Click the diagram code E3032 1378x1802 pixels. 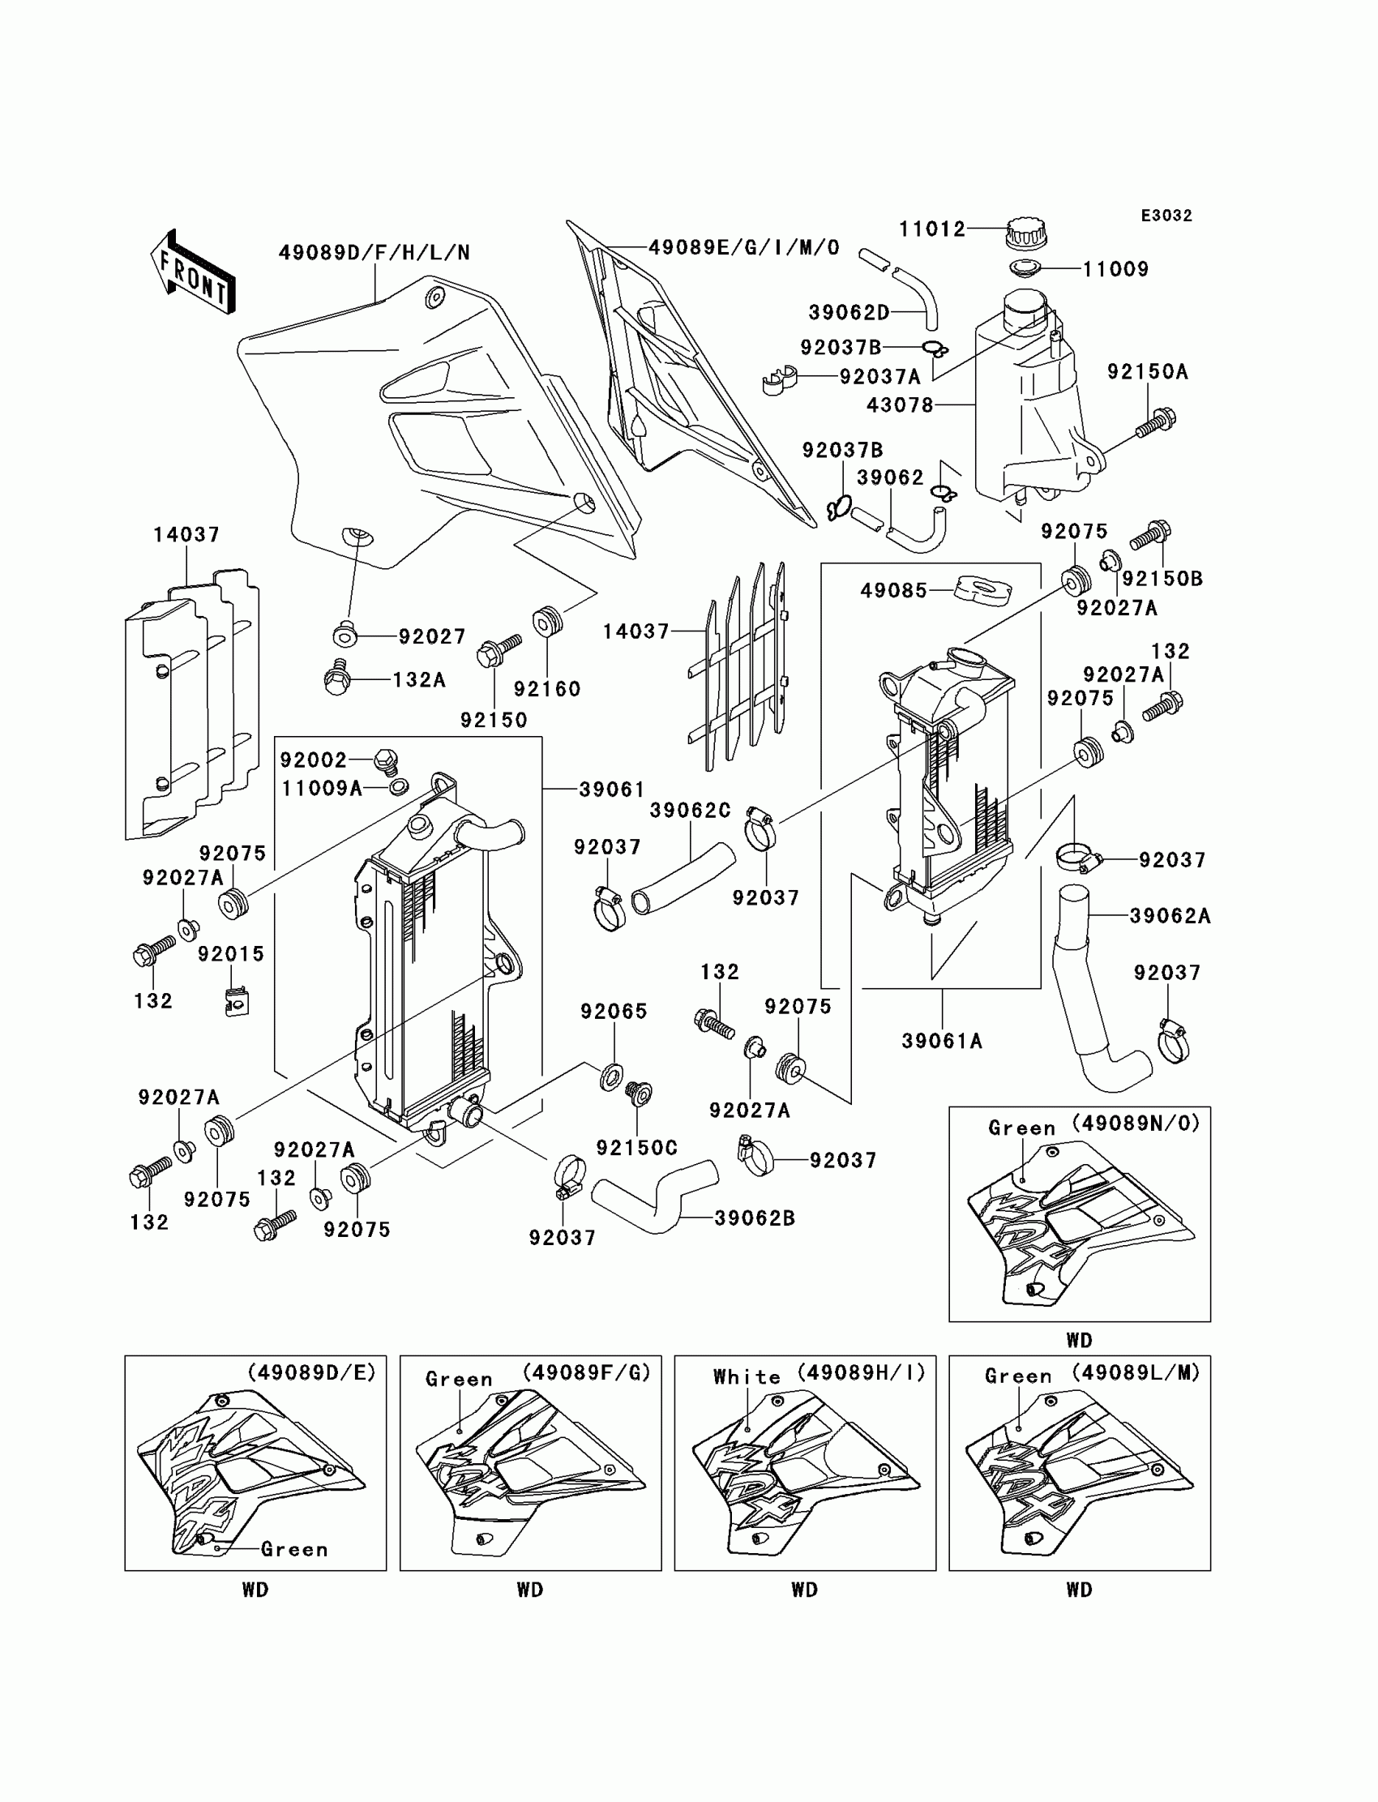[x=1166, y=216]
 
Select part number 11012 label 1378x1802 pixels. [x=932, y=229]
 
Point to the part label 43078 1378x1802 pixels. [x=900, y=405]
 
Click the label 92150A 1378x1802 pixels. [x=1147, y=372]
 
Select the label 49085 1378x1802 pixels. [x=893, y=591]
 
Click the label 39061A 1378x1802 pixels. [x=942, y=1041]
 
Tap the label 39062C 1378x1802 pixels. [x=690, y=811]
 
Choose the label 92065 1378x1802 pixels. [x=614, y=1012]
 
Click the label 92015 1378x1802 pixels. [x=230, y=954]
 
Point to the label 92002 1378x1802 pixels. [x=314, y=760]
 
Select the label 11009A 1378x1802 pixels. [x=322, y=788]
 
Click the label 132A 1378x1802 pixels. [x=418, y=680]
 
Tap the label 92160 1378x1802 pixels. [x=547, y=689]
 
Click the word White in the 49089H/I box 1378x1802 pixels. [x=747, y=1377]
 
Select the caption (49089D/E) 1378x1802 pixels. [x=311, y=1372]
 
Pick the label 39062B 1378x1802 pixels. [x=754, y=1218]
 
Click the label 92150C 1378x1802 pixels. [x=636, y=1148]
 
